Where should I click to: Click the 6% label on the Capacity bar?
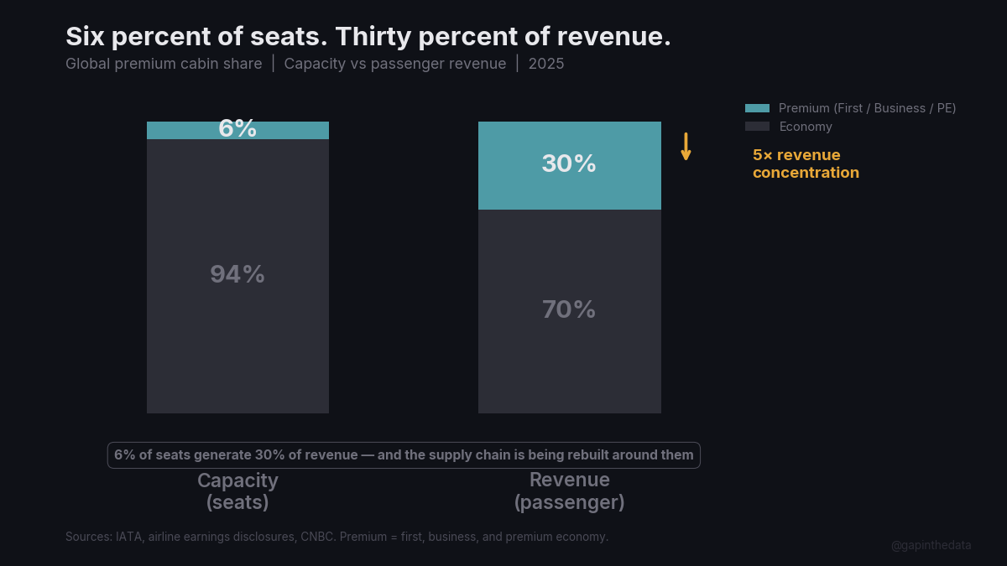[x=237, y=128]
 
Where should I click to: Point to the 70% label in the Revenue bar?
[x=569, y=309]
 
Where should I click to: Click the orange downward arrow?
[x=686, y=147]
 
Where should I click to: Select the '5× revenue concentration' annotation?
[x=806, y=164]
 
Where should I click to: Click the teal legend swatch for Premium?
[x=757, y=108]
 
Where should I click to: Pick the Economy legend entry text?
[x=806, y=127]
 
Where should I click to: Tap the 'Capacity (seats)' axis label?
[x=237, y=491]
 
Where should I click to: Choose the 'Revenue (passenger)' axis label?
[x=570, y=491]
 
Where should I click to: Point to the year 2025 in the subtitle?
[x=546, y=64]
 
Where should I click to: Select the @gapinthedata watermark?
[x=931, y=545]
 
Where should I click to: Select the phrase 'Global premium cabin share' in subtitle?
[x=164, y=64]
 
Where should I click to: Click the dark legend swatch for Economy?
[x=757, y=127]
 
